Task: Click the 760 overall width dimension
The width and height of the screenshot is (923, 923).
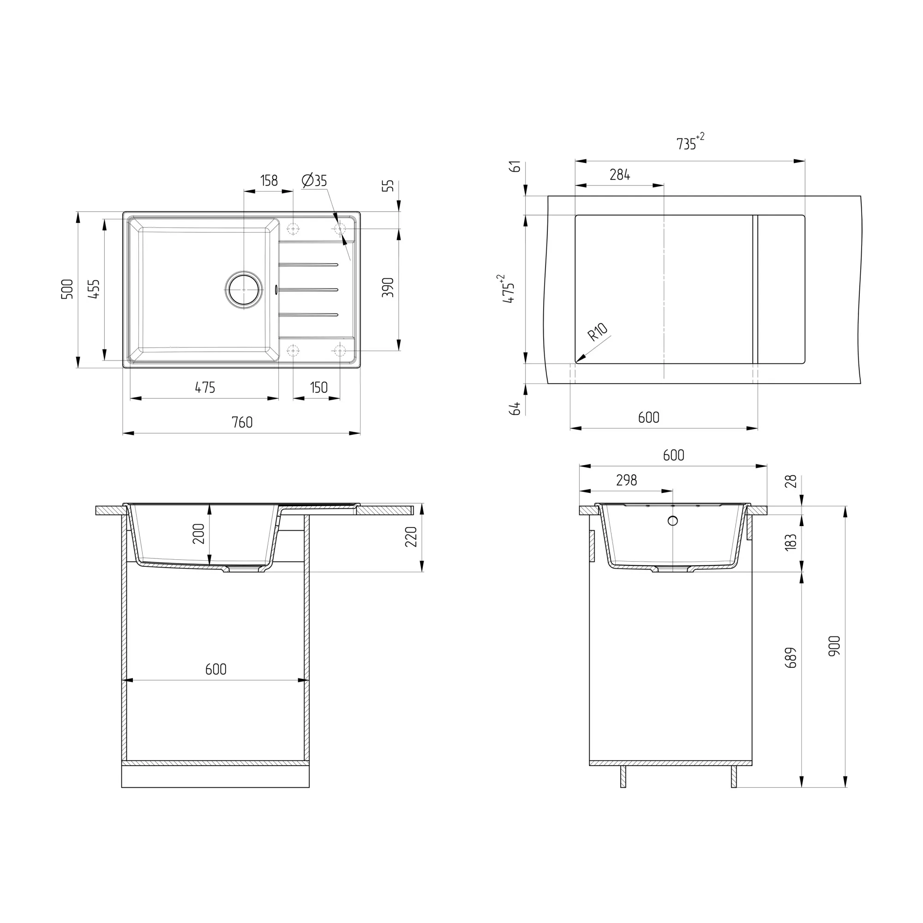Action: (242, 422)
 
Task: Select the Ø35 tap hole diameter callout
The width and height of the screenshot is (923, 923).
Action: (314, 180)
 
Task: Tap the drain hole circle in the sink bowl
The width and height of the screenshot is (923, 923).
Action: (244, 289)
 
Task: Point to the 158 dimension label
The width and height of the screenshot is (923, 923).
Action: (269, 180)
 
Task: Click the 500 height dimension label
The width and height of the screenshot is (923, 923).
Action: (67, 289)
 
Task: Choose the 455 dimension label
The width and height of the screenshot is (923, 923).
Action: (95, 289)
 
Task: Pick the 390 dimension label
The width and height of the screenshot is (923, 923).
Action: (388, 287)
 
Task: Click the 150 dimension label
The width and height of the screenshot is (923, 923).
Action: (318, 388)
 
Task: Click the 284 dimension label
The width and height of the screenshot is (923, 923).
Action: (620, 175)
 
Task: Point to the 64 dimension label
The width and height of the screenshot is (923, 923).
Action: (515, 408)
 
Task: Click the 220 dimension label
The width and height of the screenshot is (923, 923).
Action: (411, 537)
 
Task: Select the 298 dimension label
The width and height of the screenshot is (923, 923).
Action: (626, 480)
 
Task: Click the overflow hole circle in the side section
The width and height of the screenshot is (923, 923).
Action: (673, 521)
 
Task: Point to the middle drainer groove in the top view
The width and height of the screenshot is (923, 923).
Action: (309, 289)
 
